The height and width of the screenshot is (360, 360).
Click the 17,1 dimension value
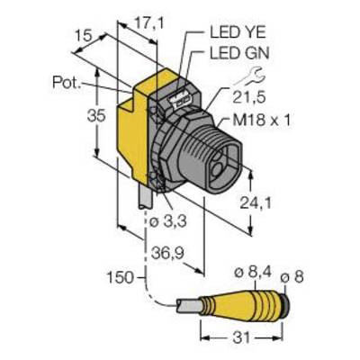click(149, 24)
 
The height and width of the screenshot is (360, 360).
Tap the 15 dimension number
click(83, 37)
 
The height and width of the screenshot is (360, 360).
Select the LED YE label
click(238, 33)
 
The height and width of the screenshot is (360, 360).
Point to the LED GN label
click(239, 54)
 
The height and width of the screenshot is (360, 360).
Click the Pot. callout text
click(67, 82)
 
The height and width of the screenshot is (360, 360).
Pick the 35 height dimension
click(96, 116)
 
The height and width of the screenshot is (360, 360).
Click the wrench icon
click(249, 76)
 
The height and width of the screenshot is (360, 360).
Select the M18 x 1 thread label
click(262, 121)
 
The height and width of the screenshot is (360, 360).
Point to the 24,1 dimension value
click(256, 203)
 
